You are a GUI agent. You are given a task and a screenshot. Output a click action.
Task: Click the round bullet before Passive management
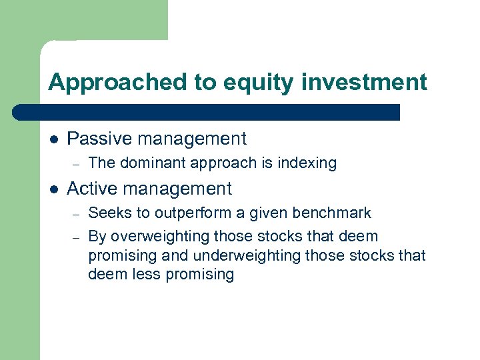point(53,139)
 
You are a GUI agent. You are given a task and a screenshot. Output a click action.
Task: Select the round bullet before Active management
point(53,189)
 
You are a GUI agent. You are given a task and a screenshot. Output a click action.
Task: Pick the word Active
point(94,189)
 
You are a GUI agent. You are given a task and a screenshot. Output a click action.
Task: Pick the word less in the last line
point(144,275)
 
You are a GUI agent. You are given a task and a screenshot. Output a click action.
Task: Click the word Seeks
point(107,213)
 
